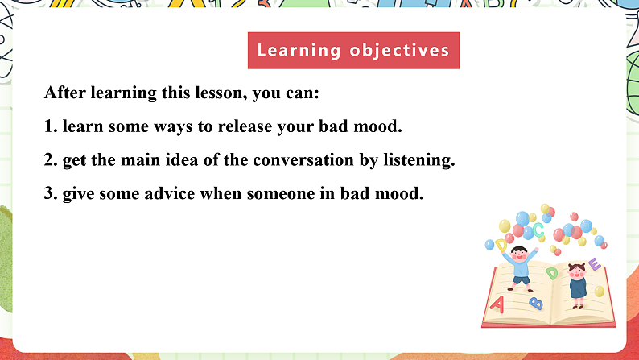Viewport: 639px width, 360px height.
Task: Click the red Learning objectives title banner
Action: pyautogui.click(x=353, y=51)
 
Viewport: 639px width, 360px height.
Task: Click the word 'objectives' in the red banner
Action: pyautogui.click(x=400, y=51)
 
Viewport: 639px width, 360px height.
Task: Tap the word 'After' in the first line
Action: pyautogui.click(x=64, y=93)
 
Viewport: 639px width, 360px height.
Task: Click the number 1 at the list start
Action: pyautogui.click(x=49, y=126)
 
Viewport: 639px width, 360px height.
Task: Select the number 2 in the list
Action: pyautogui.click(x=49, y=160)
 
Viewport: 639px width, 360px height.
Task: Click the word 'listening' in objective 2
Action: pyautogui.click(x=418, y=160)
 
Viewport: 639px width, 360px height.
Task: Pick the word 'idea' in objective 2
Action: pyautogui.click(x=179, y=160)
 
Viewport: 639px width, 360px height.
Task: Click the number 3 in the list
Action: pyautogui.click(x=49, y=194)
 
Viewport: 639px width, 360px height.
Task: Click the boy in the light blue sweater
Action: pyautogui.click(x=522, y=262)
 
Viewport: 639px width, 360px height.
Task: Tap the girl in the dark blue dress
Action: pyautogui.click(x=576, y=283)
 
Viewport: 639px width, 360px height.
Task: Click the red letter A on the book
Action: pyautogui.click(x=498, y=304)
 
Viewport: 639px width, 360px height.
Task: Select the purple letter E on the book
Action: pyautogui.click(x=594, y=264)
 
